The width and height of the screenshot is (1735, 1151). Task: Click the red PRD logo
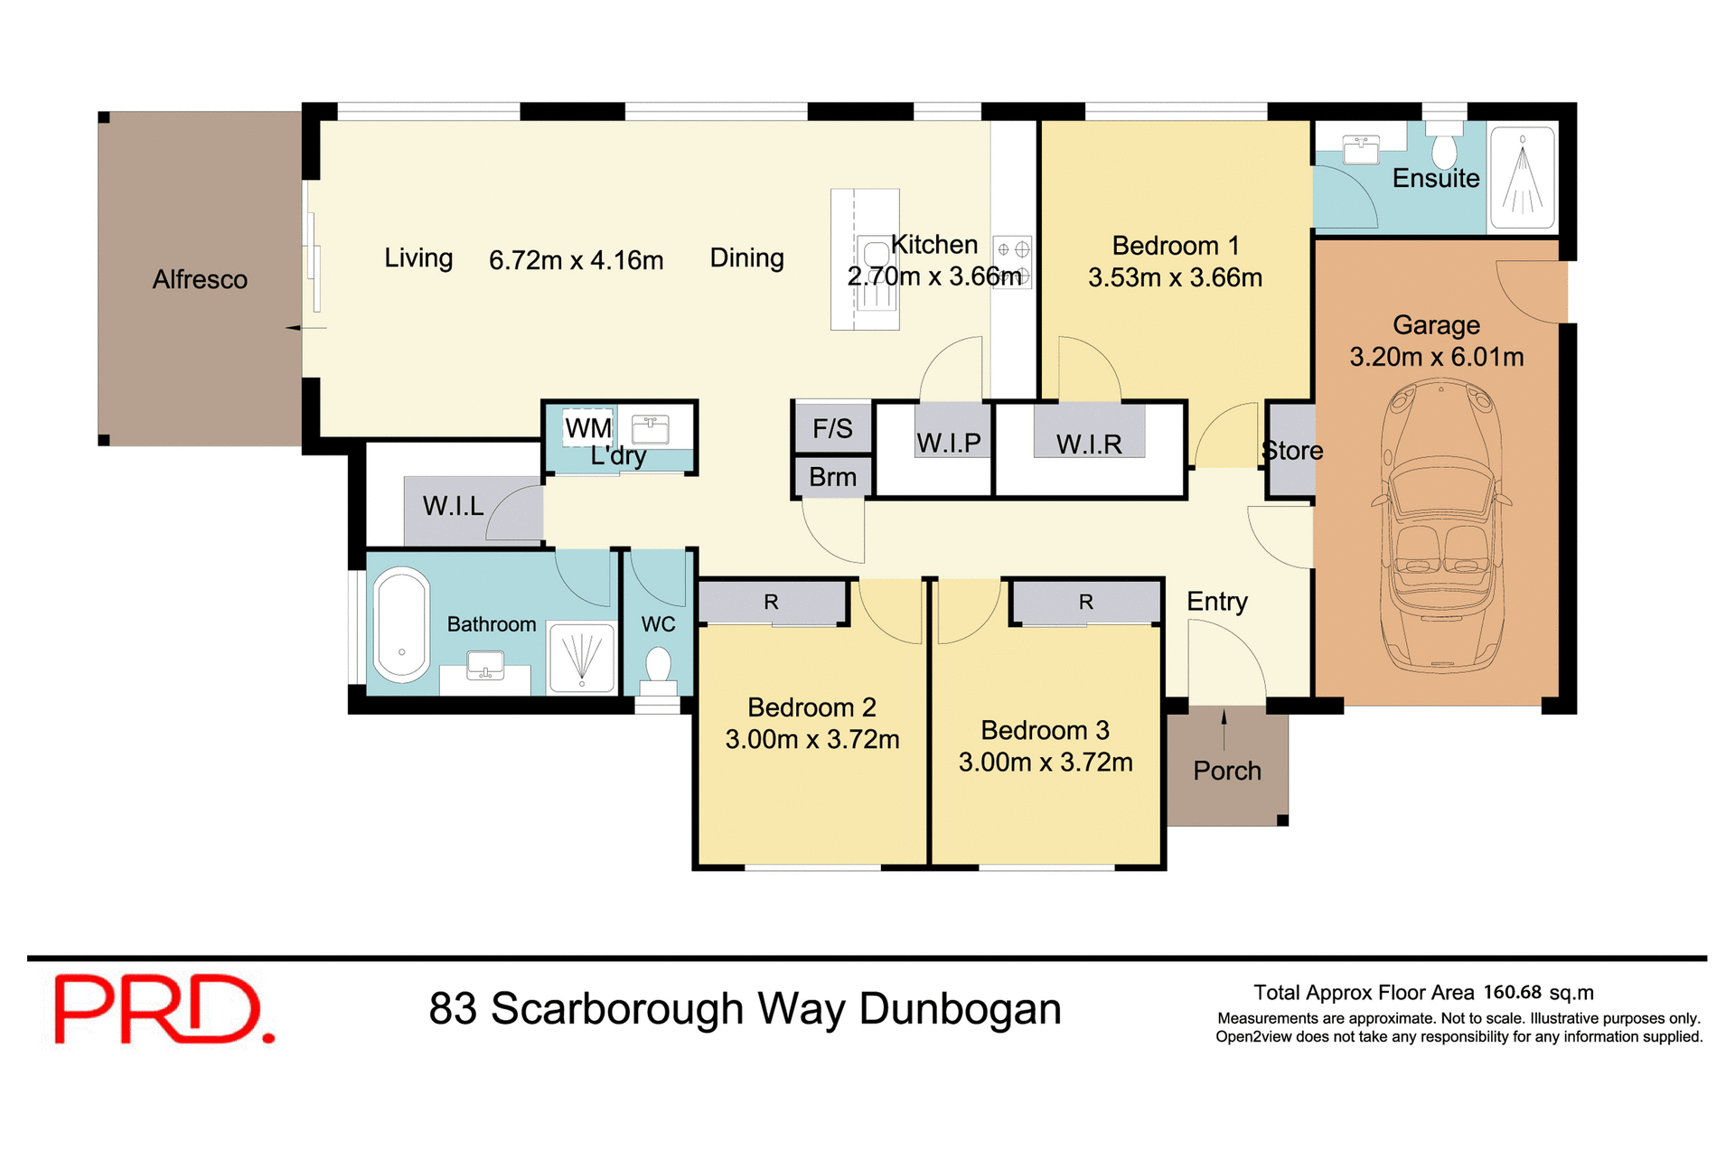[163, 1009]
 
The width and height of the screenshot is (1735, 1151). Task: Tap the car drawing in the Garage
[1440, 529]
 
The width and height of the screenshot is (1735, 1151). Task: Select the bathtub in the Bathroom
[401, 625]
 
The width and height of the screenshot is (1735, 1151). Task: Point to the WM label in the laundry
[588, 427]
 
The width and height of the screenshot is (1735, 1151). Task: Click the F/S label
[832, 428]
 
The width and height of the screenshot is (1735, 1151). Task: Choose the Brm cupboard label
[832, 477]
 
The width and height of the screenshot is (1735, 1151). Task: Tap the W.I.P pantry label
[949, 443]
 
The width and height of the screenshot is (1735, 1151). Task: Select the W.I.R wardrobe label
[1089, 444]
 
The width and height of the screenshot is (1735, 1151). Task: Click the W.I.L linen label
[454, 506]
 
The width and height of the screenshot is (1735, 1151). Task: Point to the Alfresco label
[200, 280]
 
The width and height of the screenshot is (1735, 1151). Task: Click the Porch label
[1226, 771]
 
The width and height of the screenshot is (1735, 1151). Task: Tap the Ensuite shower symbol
[1523, 176]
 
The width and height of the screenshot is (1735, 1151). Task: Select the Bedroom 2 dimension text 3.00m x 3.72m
[812, 740]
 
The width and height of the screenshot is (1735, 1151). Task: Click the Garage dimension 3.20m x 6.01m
[1437, 357]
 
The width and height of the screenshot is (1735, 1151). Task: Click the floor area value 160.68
[1512, 992]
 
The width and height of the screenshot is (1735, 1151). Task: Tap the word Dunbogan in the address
[960, 1009]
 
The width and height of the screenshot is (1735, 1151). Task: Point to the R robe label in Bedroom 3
[1086, 602]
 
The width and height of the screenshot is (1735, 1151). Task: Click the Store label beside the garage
[1292, 450]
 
